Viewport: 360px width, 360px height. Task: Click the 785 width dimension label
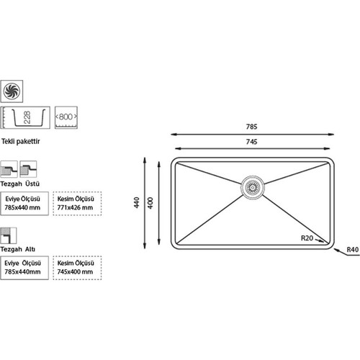click(x=251, y=127)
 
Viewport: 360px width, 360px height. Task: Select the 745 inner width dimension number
click(x=251, y=142)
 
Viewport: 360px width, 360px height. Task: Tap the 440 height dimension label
click(x=137, y=202)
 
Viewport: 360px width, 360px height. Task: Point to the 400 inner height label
click(x=150, y=202)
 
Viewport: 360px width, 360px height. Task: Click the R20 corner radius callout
click(x=307, y=238)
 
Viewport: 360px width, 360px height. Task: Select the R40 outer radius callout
click(x=353, y=250)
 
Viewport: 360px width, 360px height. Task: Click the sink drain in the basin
click(x=253, y=187)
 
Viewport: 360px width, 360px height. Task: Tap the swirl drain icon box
click(x=12, y=91)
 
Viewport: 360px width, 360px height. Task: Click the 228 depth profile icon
click(x=25, y=117)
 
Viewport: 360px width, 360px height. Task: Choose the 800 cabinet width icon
click(x=66, y=117)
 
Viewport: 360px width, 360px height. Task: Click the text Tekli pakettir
click(x=21, y=141)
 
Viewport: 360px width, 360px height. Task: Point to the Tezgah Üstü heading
click(x=20, y=184)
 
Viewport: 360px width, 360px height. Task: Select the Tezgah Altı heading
click(x=18, y=249)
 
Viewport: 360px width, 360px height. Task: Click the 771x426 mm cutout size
click(x=75, y=207)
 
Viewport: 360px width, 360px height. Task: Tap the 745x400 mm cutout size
click(x=75, y=271)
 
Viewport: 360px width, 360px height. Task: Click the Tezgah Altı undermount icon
click(x=9, y=235)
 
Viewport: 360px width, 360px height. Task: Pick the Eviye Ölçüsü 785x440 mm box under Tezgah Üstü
click(x=24, y=203)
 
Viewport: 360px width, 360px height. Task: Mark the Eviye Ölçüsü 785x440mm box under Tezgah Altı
click(x=24, y=268)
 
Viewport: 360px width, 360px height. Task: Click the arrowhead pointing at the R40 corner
click(x=337, y=250)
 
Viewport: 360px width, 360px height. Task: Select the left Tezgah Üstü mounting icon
click(x=9, y=169)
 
